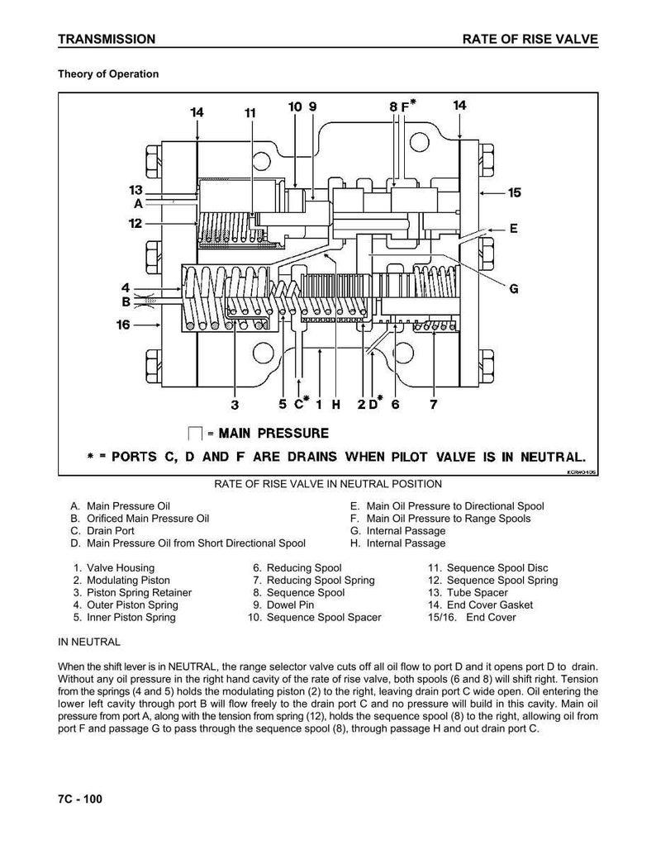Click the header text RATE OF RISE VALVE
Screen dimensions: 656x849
pos(530,39)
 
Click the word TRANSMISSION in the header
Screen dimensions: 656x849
pos(107,39)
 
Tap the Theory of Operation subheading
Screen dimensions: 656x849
pos(108,74)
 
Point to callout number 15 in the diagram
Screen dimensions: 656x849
pos(514,192)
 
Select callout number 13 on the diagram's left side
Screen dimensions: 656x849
pos(135,190)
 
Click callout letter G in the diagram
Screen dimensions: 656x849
pos(514,288)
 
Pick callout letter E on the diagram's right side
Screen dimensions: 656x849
pos(514,228)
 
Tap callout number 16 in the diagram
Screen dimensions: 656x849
pos(123,325)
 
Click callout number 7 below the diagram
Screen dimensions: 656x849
pos(434,404)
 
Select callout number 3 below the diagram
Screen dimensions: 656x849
pos(235,405)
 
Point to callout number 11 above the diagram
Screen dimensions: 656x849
pos(250,112)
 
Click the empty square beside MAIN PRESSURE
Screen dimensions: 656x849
pos(194,434)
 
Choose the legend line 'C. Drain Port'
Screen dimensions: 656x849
pos(102,530)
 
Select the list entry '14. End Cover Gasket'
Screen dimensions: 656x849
pos(481,605)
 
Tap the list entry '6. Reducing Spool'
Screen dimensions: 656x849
pos(297,568)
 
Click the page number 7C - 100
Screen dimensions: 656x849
pos(80,799)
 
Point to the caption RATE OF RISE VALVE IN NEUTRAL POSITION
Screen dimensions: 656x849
pos(328,484)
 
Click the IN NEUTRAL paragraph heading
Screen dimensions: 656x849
pos(89,643)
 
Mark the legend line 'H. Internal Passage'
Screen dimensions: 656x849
pos(398,543)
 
